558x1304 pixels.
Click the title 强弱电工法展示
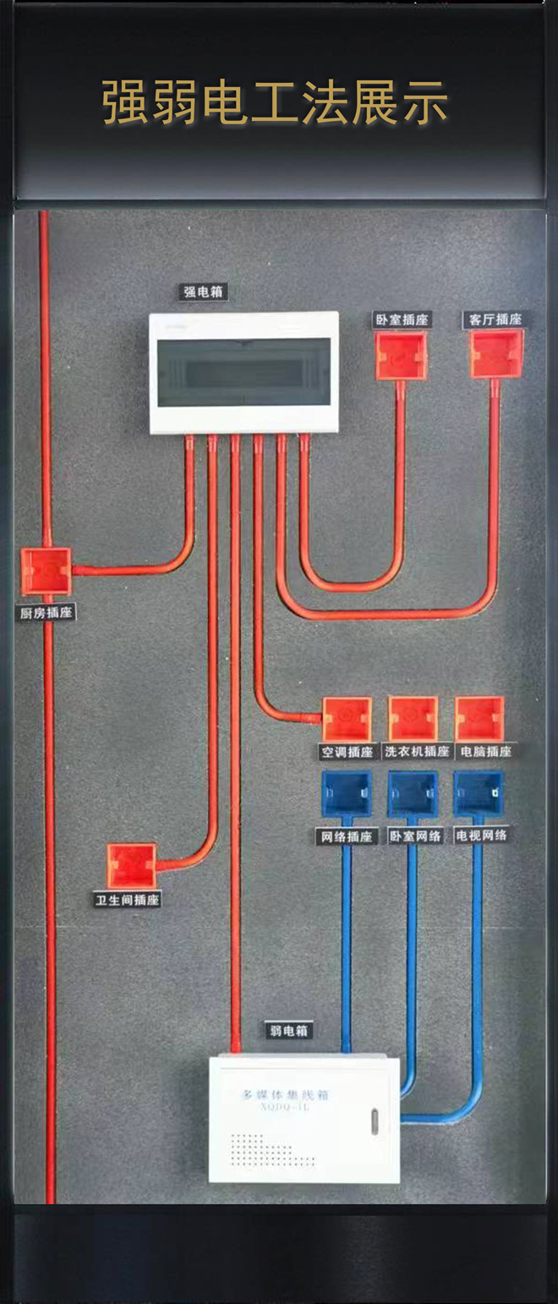pos(276,103)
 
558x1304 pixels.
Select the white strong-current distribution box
pos(244,372)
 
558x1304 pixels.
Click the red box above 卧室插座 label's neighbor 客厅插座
pos(497,353)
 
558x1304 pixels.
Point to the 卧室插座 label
pos(402,320)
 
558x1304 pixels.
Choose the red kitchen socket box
pos(46,571)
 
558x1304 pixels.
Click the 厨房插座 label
pos(46,612)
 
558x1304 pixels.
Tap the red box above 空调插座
pos(347,719)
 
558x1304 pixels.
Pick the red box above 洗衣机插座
pos(413,719)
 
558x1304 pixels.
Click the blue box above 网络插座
pos(346,794)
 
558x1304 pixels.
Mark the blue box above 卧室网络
pos(413,794)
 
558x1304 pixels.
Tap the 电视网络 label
pos(481,836)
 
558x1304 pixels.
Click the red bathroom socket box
pos(131,865)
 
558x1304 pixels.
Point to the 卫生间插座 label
pos(127,900)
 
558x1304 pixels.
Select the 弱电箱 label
pos(287,1031)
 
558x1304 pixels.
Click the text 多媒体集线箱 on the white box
pos(285,1094)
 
